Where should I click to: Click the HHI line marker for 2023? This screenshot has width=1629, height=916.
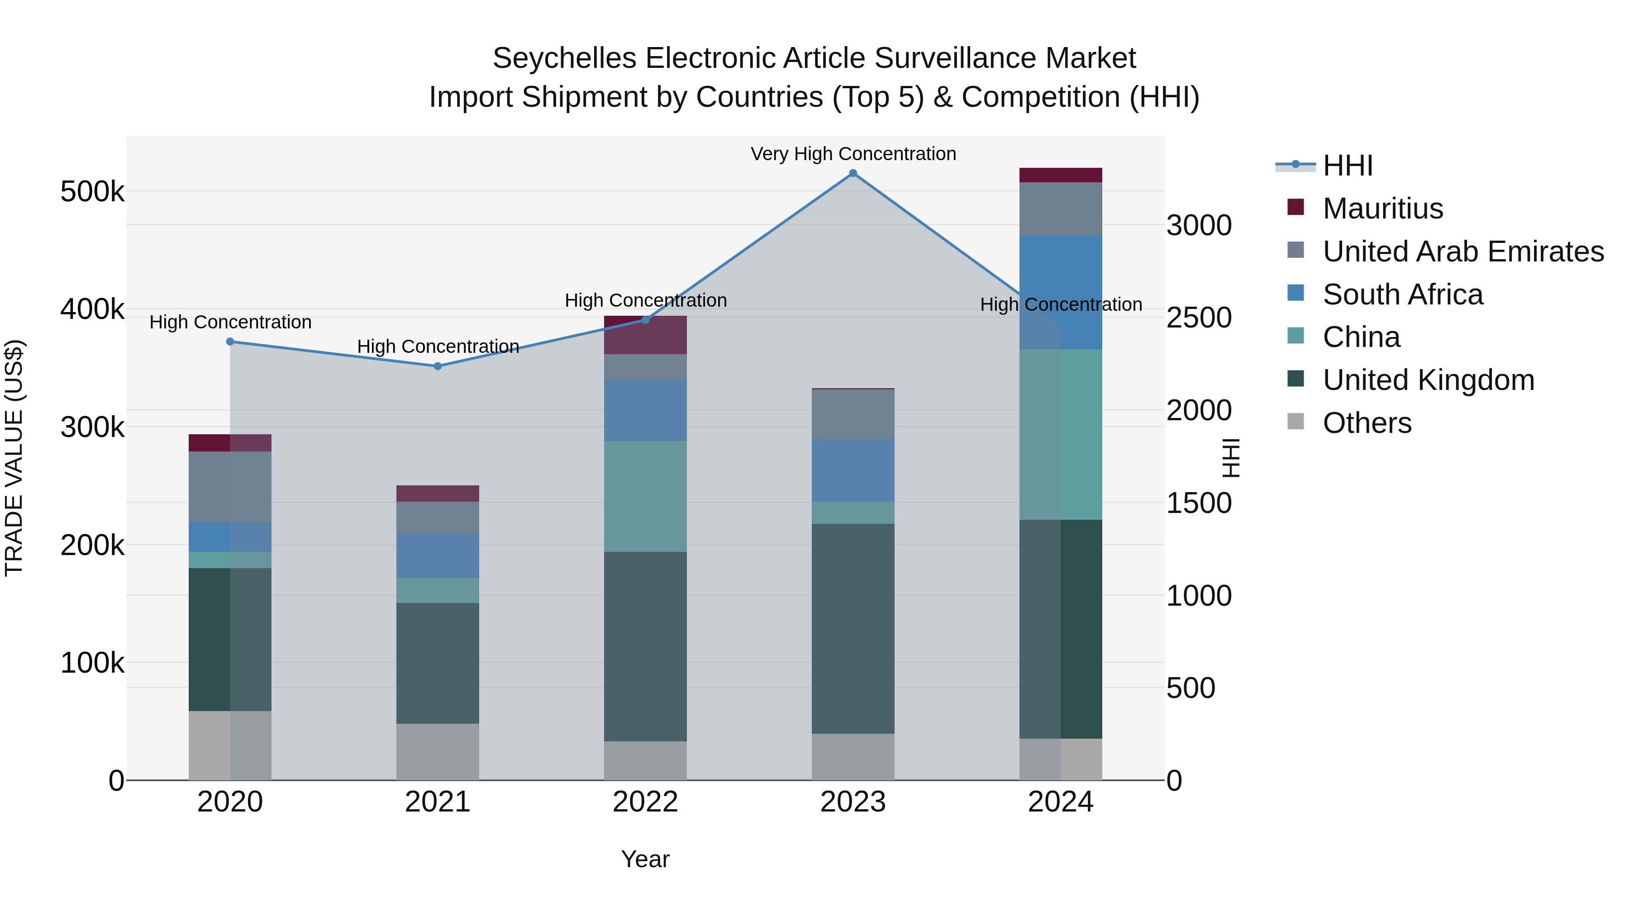coord(853,173)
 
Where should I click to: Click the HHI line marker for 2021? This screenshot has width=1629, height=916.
coord(438,366)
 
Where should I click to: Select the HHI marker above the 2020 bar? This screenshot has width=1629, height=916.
coord(230,342)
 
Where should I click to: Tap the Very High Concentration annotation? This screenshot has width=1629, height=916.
coord(853,154)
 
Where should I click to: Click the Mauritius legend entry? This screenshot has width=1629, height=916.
coord(1382,209)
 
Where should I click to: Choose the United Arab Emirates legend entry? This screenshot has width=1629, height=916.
coord(1462,252)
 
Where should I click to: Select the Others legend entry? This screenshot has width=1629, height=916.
coord(1367,423)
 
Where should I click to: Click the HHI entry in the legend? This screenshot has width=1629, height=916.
coord(1347,166)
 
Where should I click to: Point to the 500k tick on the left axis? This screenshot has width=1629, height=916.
coord(92,191)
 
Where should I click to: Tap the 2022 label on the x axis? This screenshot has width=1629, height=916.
coord(645,802)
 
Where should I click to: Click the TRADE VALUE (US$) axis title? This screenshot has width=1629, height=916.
coord(14,458)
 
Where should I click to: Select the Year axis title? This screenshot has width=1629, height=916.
coord(645,859)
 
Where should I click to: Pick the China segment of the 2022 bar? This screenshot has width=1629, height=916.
coord(645,496)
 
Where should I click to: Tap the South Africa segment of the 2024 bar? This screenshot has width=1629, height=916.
coord(1061,292)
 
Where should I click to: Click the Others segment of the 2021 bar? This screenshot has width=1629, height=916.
coord(438,752)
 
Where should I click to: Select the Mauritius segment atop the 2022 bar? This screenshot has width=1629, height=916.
coord(645,335)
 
